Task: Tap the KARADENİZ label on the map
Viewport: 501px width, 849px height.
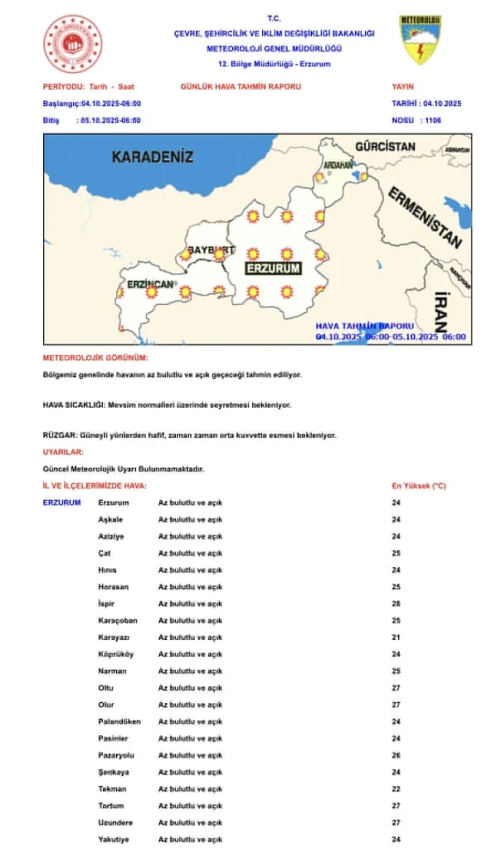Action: (x=153, y=156)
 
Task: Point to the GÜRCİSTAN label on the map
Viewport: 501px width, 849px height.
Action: (x=385, y=147)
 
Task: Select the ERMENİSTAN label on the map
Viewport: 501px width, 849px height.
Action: (x=425, y=218)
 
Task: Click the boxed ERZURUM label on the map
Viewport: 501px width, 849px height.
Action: (x=273, y=269)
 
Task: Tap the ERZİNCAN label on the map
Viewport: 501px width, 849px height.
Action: (x=150, y=283)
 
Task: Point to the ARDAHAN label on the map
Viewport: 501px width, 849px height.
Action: (x=338, y=164)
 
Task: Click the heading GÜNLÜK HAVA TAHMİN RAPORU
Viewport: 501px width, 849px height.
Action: (x=240, y=87)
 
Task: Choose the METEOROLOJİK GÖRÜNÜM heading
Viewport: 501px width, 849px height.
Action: (x=96, y=358)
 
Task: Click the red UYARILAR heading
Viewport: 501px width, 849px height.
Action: (x=64, y=453)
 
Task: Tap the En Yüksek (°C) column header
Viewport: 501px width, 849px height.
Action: (x=418, y=485)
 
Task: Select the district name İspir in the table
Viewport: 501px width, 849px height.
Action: (x=107, y=604)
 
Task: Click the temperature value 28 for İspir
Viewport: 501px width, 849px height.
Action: (x=397, y=604)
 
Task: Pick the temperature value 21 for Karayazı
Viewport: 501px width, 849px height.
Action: (x=397, y=637)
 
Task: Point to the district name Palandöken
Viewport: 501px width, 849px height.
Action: (x=119, y=722)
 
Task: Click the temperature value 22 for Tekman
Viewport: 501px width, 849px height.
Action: (x=397, y=789)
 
